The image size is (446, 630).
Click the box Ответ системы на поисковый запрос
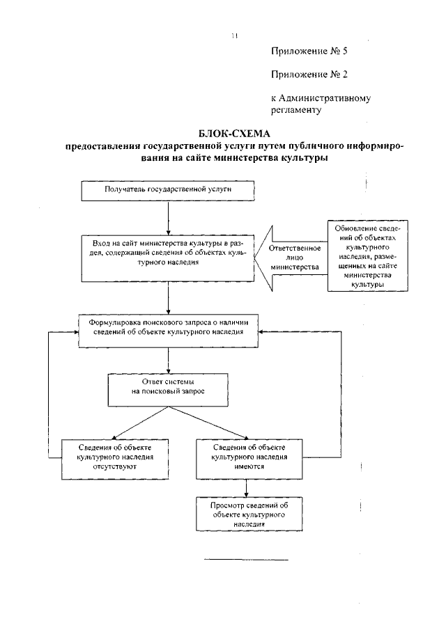pos(167,388)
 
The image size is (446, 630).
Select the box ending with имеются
pos(248,458)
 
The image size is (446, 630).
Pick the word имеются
pos(248,468)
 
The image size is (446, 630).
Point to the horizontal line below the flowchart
pos(245,559)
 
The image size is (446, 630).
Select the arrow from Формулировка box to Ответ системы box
pos(169,359)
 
